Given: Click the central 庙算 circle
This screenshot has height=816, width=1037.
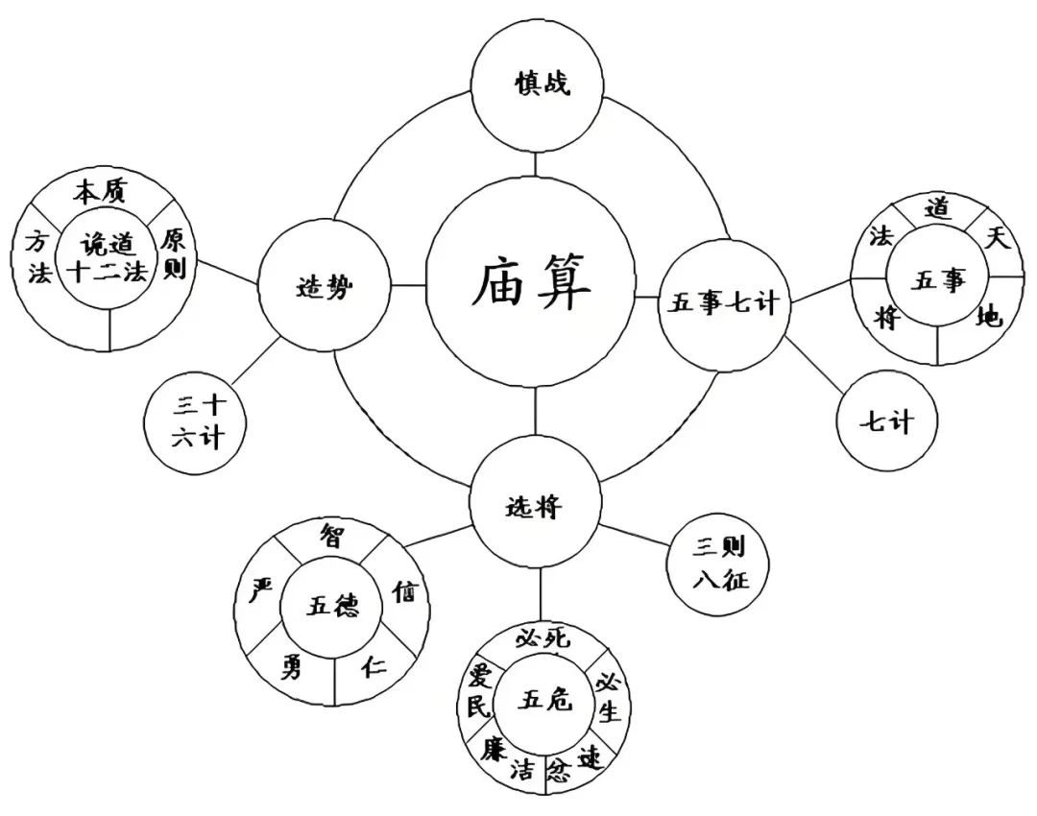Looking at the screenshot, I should click(531, 285).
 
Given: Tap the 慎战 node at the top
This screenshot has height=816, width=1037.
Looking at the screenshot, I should click(536, 84).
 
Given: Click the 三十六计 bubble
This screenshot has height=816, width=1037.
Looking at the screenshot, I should click(197, 422).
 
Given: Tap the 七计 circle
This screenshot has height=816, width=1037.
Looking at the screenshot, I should click(888, 421).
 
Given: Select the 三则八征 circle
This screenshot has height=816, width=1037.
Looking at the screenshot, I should click(718, 564).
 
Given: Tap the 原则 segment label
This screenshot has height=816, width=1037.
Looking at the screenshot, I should click(174, 252).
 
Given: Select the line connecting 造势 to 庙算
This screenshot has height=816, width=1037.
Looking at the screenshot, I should click(408, 285).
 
